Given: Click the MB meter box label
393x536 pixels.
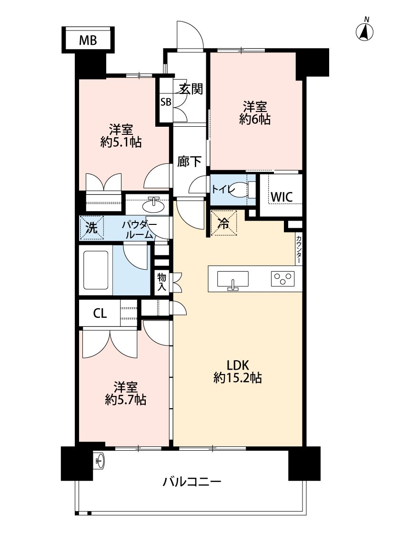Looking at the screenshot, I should [x=88, y=41].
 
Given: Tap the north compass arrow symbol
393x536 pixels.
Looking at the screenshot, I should [x=365, y=31].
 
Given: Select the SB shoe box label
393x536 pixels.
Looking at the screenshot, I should [x=165, y=102].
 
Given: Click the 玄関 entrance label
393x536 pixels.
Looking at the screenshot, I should [x=191, y=89].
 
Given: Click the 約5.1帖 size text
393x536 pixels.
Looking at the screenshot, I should [x=121, y=142].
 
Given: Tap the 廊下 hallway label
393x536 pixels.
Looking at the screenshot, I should [x=190, y=162].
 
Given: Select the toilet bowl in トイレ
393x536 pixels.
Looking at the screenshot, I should [x=242, y=189].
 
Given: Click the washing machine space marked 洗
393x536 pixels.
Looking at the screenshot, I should [x=91, y=228].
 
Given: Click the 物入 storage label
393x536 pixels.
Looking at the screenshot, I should [x=162, y=282].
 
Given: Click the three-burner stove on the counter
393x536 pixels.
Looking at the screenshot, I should [x=283, y=279].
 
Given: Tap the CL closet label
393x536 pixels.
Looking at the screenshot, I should [x=100, y=314].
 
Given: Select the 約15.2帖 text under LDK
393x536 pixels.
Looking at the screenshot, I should [x=238, y=378].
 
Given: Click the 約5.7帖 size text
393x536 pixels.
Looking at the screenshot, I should [x=125, y=399].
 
